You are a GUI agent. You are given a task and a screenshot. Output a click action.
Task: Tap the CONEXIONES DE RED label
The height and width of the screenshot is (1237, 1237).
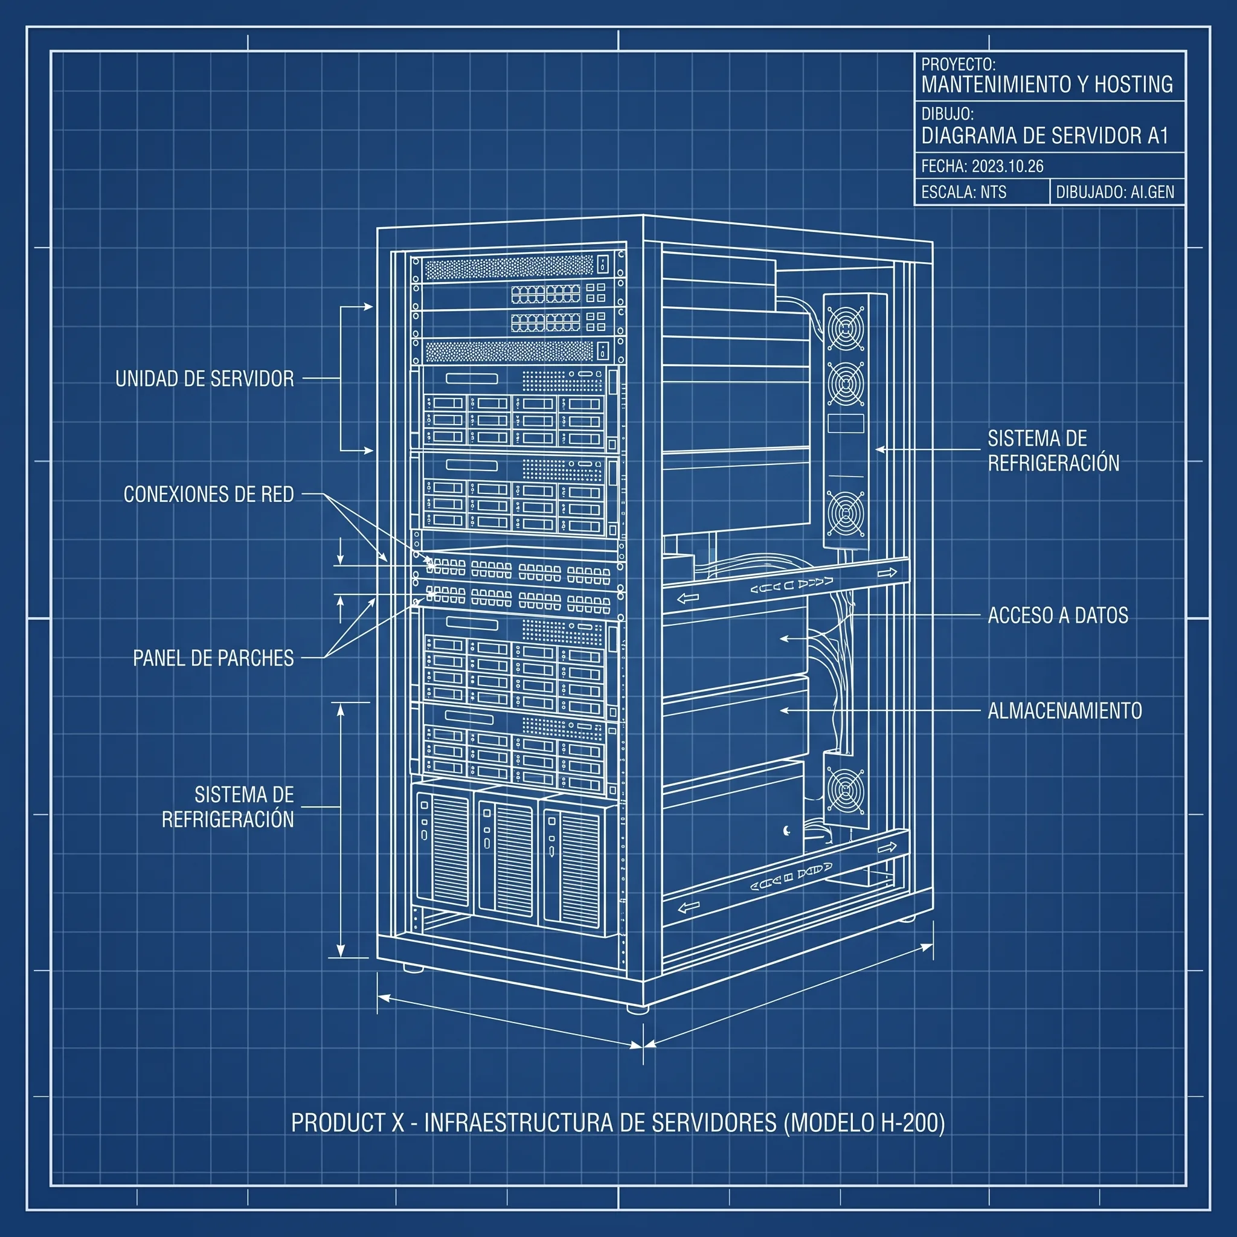(209, 494)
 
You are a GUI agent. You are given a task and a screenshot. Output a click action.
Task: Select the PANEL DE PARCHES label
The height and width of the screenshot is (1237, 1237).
(213, 658)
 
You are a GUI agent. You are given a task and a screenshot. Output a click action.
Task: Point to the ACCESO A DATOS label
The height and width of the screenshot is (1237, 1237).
(1058, 615)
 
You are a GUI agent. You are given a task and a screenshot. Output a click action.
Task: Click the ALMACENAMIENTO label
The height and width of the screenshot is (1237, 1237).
(1065, 711)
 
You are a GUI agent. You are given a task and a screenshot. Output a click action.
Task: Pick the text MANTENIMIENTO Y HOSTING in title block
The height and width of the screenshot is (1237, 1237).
(1047, 84)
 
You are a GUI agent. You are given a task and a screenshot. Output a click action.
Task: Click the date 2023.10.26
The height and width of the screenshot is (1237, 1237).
(1007, 167)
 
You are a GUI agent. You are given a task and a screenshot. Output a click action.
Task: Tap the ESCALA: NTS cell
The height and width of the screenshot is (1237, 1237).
(963, 192)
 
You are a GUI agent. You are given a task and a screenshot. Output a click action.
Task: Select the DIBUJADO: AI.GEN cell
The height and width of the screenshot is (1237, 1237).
(1115, 192)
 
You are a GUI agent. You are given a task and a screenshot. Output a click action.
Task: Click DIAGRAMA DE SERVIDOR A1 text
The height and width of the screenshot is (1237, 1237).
(1045, 136)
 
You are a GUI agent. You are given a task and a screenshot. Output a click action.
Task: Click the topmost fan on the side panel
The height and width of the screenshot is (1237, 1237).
(845, 328)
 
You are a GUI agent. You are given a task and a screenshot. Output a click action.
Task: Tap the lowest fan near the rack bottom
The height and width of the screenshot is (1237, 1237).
(845, 790)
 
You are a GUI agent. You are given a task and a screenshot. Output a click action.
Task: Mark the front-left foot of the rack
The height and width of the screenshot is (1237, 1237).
(413, 969)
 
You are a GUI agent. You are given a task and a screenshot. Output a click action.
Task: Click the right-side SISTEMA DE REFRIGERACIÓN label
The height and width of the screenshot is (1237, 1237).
(1053, 451)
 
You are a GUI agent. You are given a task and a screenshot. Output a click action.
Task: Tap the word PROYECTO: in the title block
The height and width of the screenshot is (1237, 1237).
(958, 64)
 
